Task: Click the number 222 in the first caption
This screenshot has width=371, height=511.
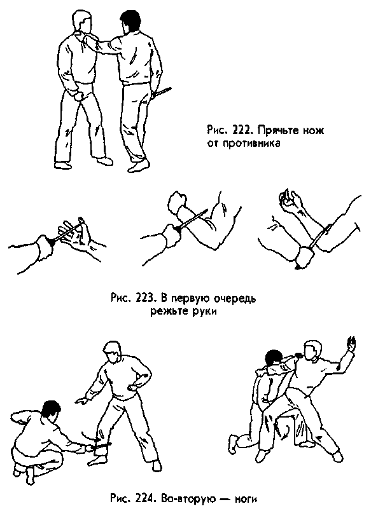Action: pos(241,130)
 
